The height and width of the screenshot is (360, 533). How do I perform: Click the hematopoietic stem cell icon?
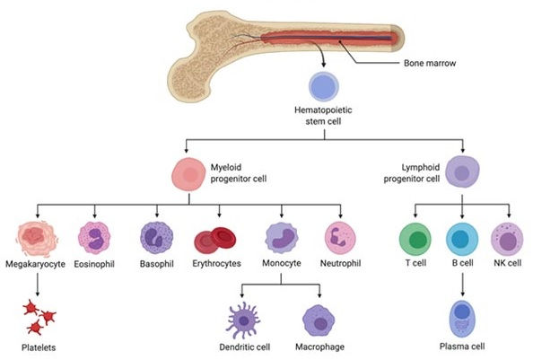click(x=324, y=86)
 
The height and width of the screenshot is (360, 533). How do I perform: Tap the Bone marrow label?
click(x=430, y=63)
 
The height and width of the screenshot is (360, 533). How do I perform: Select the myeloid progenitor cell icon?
click(x=188, y=173)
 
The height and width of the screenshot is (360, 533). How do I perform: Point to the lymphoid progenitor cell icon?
click(x=462, y=172)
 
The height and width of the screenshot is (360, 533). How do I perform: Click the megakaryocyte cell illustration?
click(x=37, y=238)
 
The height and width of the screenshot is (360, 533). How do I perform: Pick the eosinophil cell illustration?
click(x=94, y=238)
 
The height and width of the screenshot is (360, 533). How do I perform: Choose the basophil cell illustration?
click(x=157, y=238)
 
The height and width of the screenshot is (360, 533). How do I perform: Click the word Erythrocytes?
click(x=216, y=263)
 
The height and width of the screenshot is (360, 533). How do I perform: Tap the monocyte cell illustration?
click(x=282, y=238)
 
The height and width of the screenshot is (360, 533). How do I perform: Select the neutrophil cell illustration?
click(x=340, y=238)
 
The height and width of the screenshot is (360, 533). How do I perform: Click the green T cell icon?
click(x=415, y=240)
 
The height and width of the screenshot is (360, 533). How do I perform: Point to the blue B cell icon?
click(x=462, y=240)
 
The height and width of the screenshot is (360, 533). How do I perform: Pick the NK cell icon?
click(x=508, y=240)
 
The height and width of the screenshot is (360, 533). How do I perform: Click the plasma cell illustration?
click(x=462, y=319)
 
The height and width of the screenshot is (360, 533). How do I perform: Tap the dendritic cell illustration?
click(x=243, y=320)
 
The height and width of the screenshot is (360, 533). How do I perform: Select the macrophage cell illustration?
click(x=319, y=320)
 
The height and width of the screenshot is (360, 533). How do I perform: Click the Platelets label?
click(x=39, y=347)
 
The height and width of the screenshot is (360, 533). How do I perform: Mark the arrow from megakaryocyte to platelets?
click(x=38, y=285)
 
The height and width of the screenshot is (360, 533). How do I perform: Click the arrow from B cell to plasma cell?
click(x=462, y=285)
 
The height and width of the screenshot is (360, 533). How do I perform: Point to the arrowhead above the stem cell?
click(x=323, y=65)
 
